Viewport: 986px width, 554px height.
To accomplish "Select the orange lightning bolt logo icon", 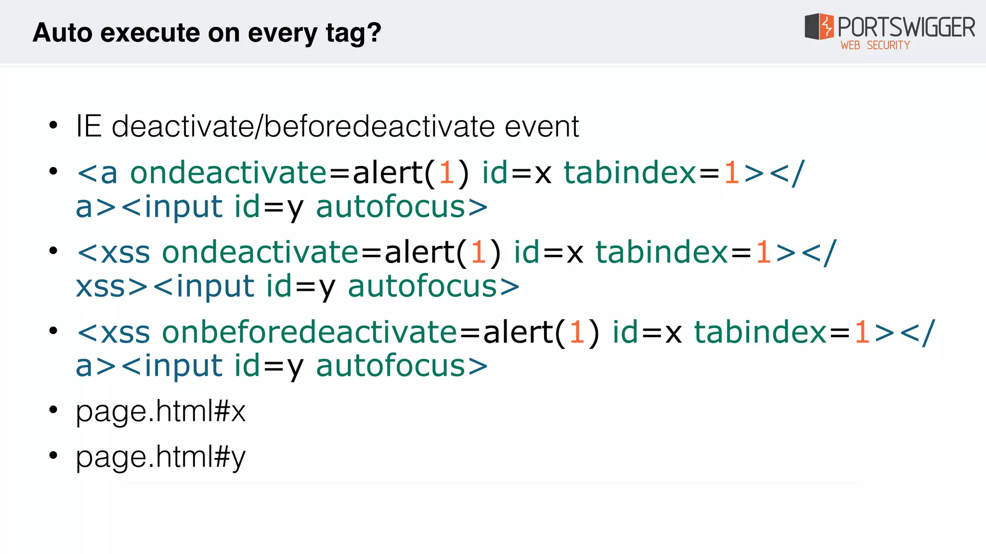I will (x=826, y=26).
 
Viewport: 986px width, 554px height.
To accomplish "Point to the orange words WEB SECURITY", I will (x=875, y=45).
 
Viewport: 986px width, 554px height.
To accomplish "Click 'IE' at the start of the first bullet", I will (x=89, y=126).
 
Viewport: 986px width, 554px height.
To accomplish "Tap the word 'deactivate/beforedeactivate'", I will (x=303, y=126).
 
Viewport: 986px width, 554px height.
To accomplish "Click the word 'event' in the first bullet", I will (x=541, y=126).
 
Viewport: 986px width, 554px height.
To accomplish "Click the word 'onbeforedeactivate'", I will (x=309, y=332).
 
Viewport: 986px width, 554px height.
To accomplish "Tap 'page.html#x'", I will (x=160, y=412).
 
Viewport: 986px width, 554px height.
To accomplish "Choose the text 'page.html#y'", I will (x=160, y=457).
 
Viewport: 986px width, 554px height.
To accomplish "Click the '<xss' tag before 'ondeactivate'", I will (x=114, y=252).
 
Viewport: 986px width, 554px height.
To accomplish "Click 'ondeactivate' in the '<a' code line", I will (x=229, y=173).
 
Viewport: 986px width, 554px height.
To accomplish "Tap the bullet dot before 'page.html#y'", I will (x=53, y=454).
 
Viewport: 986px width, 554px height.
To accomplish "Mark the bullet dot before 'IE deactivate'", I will (x=53, y=126).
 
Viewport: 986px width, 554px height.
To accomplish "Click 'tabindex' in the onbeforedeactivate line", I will (x=761, y=332).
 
